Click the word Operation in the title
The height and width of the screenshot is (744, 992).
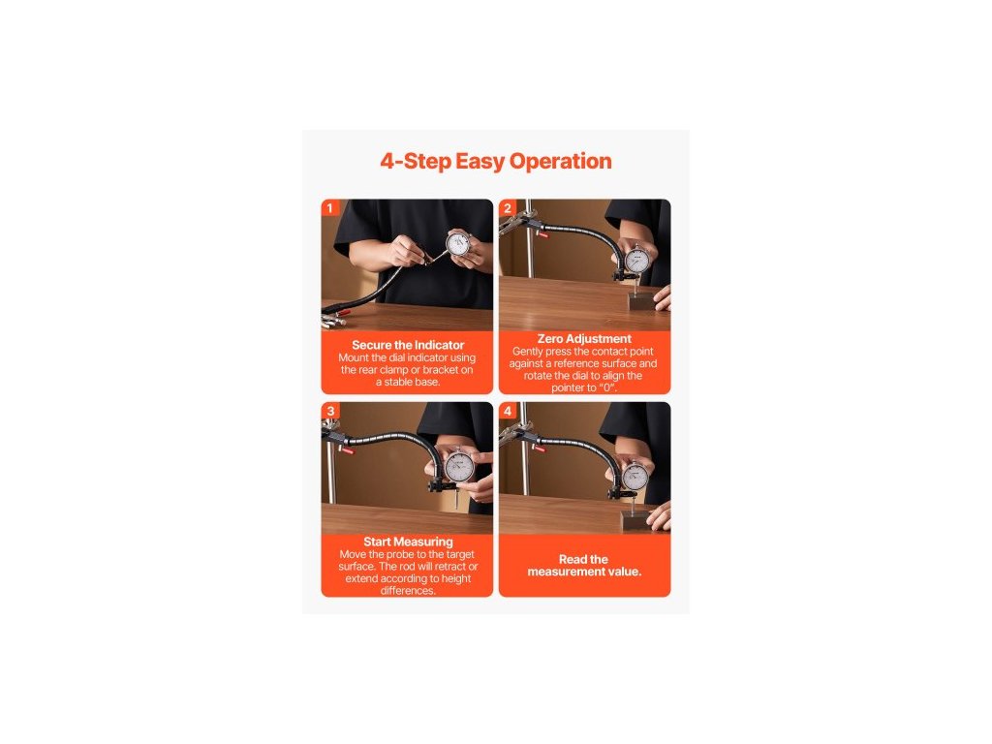(561, 162)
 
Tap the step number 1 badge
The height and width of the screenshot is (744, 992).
(329, 208)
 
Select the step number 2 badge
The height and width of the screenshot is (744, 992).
(507, 208)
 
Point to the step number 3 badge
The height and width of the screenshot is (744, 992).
(329, 411)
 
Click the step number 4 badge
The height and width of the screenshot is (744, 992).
(507, 411)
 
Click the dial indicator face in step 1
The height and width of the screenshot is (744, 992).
(457, 244)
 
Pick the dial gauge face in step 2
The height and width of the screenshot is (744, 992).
(636, 261)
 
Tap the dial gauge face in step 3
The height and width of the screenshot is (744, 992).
(458, 468)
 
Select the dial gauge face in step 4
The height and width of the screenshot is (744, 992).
(635, 477)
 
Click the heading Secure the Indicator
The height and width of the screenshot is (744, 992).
(408, 345)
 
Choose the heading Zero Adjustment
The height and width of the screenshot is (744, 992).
(584, 338)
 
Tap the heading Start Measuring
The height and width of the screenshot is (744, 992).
(408, 542)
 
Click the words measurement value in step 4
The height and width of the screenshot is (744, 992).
(584, 572)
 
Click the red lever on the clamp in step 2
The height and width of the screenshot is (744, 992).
(542, 234)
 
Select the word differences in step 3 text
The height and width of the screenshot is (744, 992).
(408, 590)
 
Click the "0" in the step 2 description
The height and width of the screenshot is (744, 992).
(607, 387)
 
